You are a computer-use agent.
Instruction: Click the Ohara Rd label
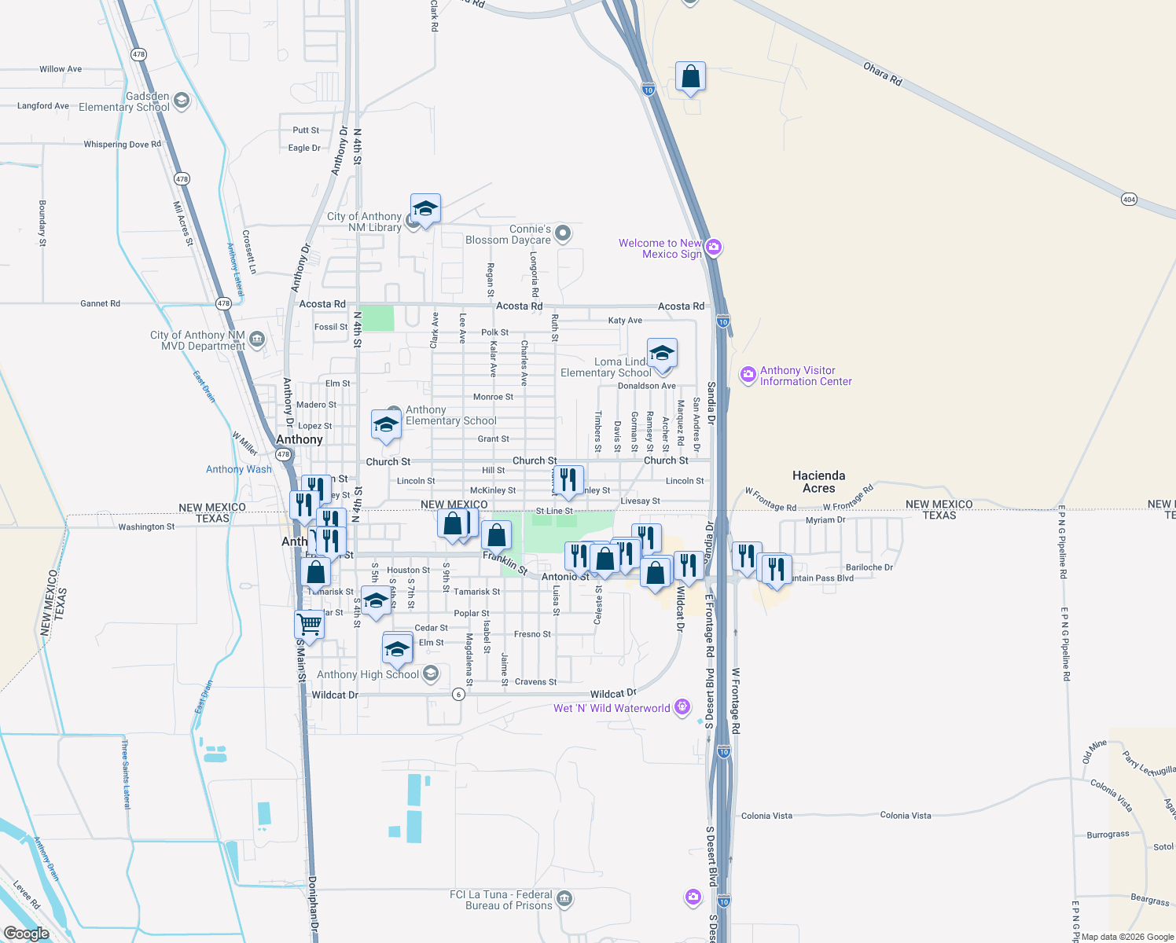pos(882,74)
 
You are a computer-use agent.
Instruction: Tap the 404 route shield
pos(1129,200)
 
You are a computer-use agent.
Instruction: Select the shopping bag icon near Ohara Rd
pos(690,77)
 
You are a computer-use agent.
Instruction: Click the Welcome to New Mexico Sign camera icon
pos(713,248)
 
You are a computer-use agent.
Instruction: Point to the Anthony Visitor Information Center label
pos(806,376)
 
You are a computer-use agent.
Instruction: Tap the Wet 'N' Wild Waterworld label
pos(612,708)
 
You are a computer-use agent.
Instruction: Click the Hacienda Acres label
pos(818,482)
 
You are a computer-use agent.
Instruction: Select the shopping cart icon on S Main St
pos(310,625)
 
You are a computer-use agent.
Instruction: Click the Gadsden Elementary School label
pos(124,101)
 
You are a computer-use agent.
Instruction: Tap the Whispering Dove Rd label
pos(122,145)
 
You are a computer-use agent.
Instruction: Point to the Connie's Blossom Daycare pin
pos(562,233)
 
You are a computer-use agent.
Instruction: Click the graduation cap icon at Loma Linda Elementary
pos(662,353)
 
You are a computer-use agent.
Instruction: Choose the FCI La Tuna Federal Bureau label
pos(501,900)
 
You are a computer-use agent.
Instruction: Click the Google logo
pos(26,933)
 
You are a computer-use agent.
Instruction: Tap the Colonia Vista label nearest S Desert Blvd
pos(766,816)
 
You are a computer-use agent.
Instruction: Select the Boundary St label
pos(42,223)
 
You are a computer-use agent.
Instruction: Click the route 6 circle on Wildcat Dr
pos(459,695)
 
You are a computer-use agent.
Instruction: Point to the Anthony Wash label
pos(238,469)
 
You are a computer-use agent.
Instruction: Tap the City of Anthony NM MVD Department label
pos(197,340)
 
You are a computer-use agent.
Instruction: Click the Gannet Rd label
pos(100,303)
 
